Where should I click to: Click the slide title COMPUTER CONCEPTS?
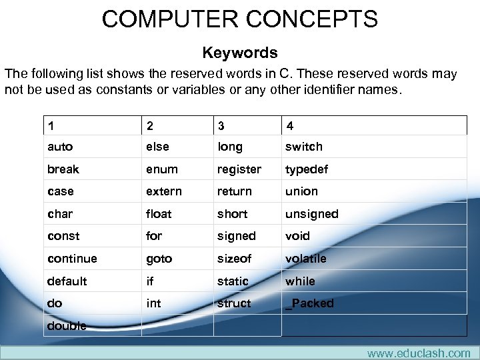[239, 19]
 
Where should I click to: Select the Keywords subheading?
[239, 53]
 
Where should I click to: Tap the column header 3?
[221, 125]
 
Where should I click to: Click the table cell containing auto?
[60, 147]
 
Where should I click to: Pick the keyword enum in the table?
[162, 169]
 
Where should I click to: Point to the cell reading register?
[239, 169]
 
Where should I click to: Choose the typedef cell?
[307, 169]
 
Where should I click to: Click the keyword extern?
[164, 191]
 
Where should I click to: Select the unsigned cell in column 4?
[311, 214]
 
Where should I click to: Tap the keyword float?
[159, 214]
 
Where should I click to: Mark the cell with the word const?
[63, 236]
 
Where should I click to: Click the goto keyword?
[159, 259]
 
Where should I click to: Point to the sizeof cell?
[234, 259]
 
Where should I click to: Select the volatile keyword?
[306, 259]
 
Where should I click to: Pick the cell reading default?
[67, 281]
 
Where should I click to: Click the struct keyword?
[234, 303]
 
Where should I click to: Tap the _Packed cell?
[309, 303]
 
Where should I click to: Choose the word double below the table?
[67, 326]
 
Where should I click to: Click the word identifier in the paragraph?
[325, 90]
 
